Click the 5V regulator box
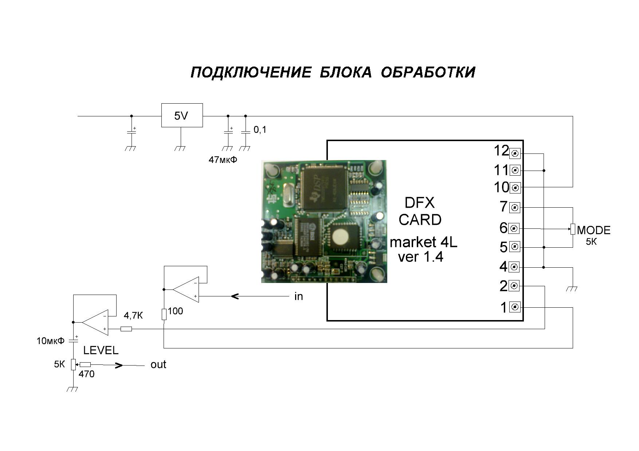tap(182, 115)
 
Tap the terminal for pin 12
tap(514, 153)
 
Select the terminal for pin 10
tap(515, 188)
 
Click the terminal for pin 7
tap(514, 208)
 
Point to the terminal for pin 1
tap(514, 308)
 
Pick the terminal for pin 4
tap(514, 267)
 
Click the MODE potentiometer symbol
tap(573, 229)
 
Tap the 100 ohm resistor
tap(164, 314)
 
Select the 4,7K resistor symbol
tap(126, 329)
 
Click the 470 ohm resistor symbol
tap(85, 364)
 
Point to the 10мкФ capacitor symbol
tap(74, 341)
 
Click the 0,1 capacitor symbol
tap(246, 132)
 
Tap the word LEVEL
tap(101, 350)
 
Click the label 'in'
tap(298, 296)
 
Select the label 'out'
tap(158, 364)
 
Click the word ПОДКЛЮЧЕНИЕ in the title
tap(251, 72)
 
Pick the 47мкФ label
tap(223, 160)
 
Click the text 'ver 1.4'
tap(420, 257)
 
